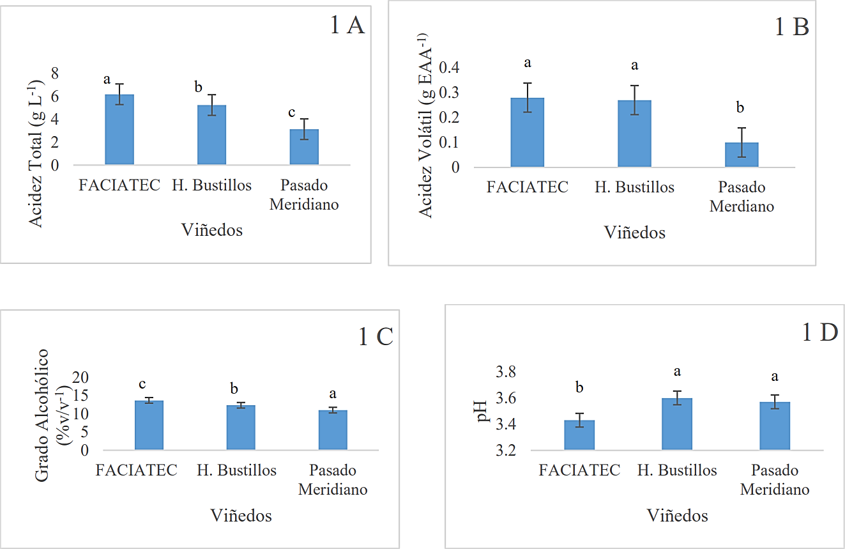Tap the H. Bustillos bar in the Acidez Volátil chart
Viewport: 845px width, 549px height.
point(634,134)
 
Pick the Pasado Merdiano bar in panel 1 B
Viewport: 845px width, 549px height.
point(742,155)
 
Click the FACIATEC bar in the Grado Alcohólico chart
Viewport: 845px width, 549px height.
point(149,425)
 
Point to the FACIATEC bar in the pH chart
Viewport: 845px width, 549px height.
point(579,435)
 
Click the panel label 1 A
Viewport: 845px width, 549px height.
point(346,26)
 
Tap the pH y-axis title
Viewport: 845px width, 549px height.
point(482,412)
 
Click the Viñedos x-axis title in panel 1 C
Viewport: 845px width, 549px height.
point(241,515)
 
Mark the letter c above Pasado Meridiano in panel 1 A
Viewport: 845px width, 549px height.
point(292,112)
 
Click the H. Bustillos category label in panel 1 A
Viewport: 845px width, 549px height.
point(211,185)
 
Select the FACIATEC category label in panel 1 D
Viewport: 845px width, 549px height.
point(579,470)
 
